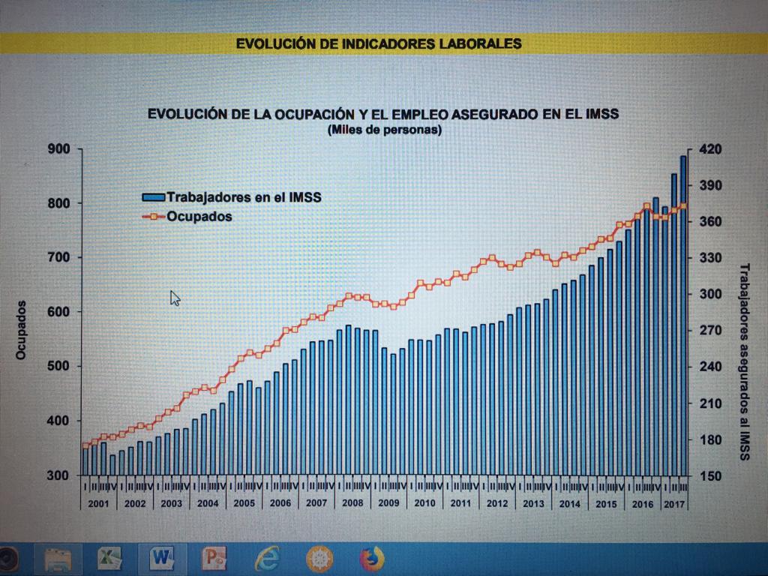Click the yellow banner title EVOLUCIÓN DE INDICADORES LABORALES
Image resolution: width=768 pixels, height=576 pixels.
click(x=379, y=43)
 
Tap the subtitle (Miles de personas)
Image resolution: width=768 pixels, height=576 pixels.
click(x=384, y=130)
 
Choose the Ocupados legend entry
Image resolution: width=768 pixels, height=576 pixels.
click(x=199, y=217)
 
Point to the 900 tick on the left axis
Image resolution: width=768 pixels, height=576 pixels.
click(x=61, y=149)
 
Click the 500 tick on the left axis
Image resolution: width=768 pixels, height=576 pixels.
click(x=61, y=367)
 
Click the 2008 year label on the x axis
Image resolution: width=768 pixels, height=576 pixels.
click(x=352, y=503)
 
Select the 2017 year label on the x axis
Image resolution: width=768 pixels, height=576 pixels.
click(x=675, y=503)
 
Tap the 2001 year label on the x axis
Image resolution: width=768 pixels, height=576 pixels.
click(x=98, y=503)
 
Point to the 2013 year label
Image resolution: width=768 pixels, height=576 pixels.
click(x=533, y=503)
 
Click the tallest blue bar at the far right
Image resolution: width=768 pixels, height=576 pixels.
click(x=683, y=315)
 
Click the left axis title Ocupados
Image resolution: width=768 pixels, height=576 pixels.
click(x=22, y=330)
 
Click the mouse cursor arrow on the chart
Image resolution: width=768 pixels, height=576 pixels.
click(x=175, y=298)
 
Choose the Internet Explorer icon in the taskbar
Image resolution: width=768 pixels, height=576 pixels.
click(x=266, y=559)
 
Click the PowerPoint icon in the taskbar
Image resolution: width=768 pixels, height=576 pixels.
click(x=214, y=559)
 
